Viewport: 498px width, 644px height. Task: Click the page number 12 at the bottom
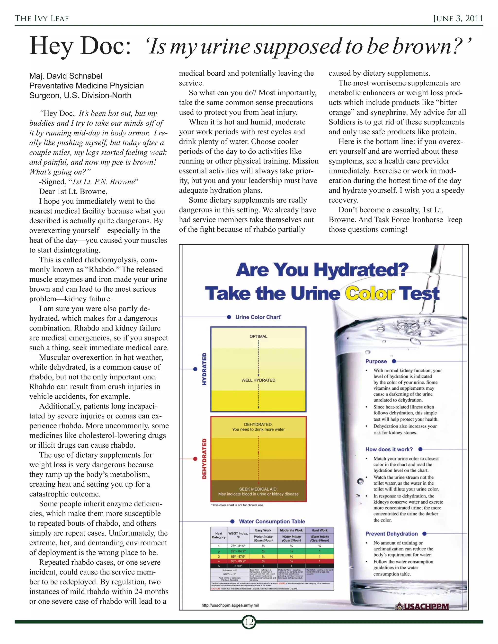[249, 622]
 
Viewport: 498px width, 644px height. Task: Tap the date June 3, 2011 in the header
[458, 18]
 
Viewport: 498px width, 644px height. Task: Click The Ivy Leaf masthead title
[42, 18]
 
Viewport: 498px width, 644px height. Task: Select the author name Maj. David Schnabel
[65, 76]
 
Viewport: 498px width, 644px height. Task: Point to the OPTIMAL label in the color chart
[258, 336]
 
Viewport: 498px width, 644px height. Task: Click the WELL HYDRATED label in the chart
[258, 380]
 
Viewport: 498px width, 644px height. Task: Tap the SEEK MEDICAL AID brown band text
[258, 489]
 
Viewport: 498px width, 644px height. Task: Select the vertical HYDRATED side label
[204, 369]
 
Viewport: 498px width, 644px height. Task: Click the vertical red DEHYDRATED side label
[204, 459]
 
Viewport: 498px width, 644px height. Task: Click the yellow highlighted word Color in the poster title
[370, 294]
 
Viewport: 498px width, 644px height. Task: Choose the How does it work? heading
[389, 449]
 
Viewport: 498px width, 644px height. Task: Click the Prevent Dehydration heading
[391, 534]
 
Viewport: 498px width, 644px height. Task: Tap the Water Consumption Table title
[272, 521]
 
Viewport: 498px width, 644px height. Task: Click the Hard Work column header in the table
[320, 530]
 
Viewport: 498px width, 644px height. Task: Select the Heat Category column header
[219, 535]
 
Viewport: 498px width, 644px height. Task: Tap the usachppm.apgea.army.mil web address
[230, 605]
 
